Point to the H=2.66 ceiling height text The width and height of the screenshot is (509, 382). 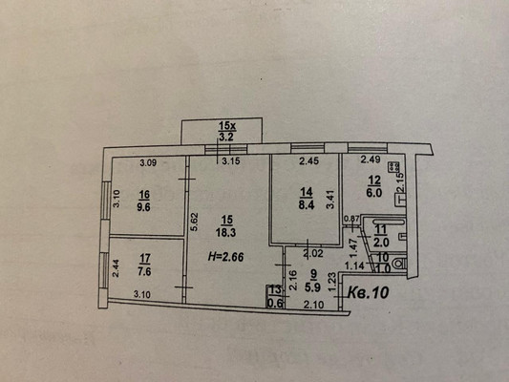pyautogui.click(x=229, y=255)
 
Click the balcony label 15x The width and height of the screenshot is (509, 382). pyautogui.click(x=226, y=125)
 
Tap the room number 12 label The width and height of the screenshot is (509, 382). pyautogui.click(x=374, y=179)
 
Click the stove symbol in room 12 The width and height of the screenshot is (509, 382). pyautogui.click(x=392, y=165)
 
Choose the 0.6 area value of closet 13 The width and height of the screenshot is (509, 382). pyautogui.click(x=275, y=305)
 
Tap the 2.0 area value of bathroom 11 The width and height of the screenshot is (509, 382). pyautogui.click(x=381, y=243)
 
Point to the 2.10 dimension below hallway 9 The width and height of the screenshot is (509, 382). pyautogui.click(x=311, y=305)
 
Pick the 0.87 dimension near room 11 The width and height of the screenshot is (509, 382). pyautogui.click(x=351, y=219)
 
